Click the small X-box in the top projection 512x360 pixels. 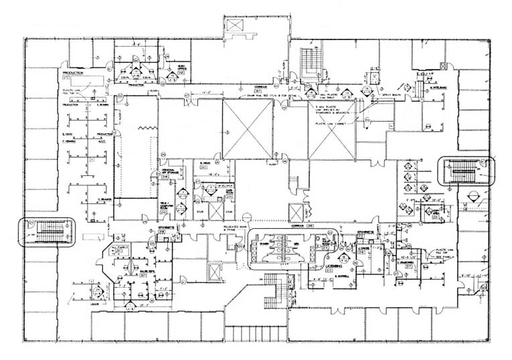235,25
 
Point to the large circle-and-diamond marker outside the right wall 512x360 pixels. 475,197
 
